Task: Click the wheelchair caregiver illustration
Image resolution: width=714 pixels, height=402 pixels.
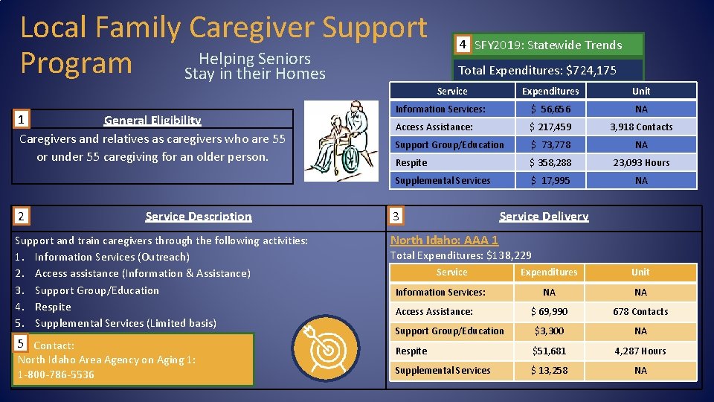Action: [341, 141]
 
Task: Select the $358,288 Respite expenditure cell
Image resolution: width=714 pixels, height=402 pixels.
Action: [550, 162]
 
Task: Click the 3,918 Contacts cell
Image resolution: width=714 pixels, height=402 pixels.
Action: [641, 127]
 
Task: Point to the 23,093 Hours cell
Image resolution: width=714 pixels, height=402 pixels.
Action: [641, 162]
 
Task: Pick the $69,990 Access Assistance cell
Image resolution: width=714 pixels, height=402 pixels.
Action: [549, 312]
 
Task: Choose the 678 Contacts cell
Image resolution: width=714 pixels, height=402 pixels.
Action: [640, 312]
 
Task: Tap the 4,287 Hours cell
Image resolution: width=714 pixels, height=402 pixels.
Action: [640, 351]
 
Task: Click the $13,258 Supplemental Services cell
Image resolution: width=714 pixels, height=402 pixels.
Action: [549, 370]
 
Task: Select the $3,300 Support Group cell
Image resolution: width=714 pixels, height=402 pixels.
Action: [549, 331]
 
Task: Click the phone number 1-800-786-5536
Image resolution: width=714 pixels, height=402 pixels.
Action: [56, 374]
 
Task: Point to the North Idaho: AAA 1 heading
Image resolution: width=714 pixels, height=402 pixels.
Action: [444, 240]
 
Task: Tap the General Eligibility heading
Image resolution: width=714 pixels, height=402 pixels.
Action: [152, 120]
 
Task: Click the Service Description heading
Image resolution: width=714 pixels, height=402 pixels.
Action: [199, 217]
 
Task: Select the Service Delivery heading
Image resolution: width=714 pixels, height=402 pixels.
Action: [544, 217]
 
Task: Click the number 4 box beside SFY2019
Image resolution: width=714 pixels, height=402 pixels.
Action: [463, 45]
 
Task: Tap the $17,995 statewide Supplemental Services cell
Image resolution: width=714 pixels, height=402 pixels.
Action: [550, 180]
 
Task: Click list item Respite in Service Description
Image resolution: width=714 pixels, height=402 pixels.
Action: [53, 307]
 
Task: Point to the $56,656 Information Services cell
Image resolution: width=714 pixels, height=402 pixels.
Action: [550, 109]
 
